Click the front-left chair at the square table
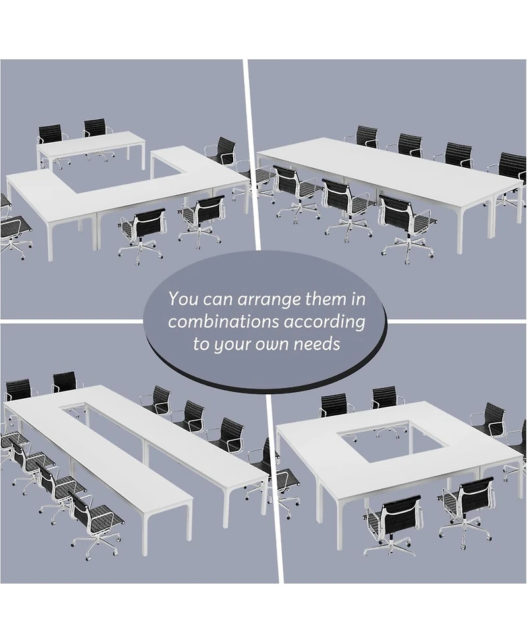pos(393,519)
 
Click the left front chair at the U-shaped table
pos(142,230)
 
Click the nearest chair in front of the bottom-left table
pos(96,523)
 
